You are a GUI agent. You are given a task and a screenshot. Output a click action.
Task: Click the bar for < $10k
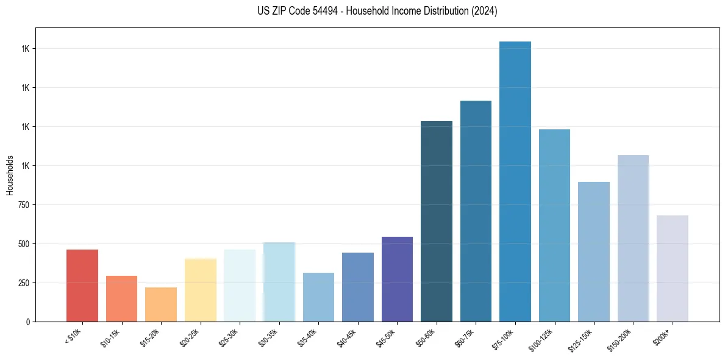[82, 286]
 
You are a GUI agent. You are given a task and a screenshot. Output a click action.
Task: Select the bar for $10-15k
[121, 298]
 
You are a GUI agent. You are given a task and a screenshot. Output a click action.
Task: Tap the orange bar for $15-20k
[161, 304]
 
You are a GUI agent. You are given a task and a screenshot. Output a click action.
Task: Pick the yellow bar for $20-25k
[201, 290]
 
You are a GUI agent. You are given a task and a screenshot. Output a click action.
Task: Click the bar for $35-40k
[318, 297]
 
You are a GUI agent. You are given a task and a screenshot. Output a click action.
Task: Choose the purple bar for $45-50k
[397, 279]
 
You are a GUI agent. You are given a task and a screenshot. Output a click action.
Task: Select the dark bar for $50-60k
[437, 221]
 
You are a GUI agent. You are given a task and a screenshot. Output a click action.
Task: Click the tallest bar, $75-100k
[515, 181]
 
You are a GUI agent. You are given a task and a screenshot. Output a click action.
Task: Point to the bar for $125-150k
[594, 251]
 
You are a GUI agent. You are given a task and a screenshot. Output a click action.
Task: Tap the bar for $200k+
[673, 268]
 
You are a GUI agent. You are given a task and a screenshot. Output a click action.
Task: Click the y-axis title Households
[10, 175]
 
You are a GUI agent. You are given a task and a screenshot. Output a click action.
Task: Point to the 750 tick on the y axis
[24, 205]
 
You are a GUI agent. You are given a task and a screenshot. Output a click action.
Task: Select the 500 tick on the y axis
[24, 244]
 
